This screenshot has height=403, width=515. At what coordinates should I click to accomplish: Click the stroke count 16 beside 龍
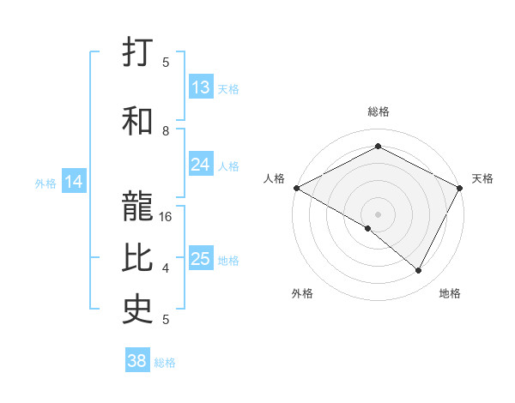coord(167,218)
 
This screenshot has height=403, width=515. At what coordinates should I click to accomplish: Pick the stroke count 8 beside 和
coord(167,131)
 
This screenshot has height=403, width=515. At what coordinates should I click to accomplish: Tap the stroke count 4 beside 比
coord(167,268)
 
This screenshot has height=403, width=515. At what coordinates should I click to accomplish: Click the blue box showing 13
coord(201,87)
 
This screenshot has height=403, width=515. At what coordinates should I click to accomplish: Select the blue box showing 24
coord(201,165)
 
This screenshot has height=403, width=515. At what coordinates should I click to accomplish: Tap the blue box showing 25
coord(201,259)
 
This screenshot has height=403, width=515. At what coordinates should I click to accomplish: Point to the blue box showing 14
coord(74,182)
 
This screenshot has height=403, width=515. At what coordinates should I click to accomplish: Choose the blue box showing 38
coord(137,362)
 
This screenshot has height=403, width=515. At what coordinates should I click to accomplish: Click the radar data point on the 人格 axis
coord(296,188)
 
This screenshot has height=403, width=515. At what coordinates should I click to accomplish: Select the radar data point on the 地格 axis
coord(419,271)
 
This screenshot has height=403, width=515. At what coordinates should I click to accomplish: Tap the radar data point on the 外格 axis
coord(368,229)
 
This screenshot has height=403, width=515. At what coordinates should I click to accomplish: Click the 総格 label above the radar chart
coord(379,111)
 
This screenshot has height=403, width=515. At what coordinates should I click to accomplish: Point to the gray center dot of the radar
coord(379,214)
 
